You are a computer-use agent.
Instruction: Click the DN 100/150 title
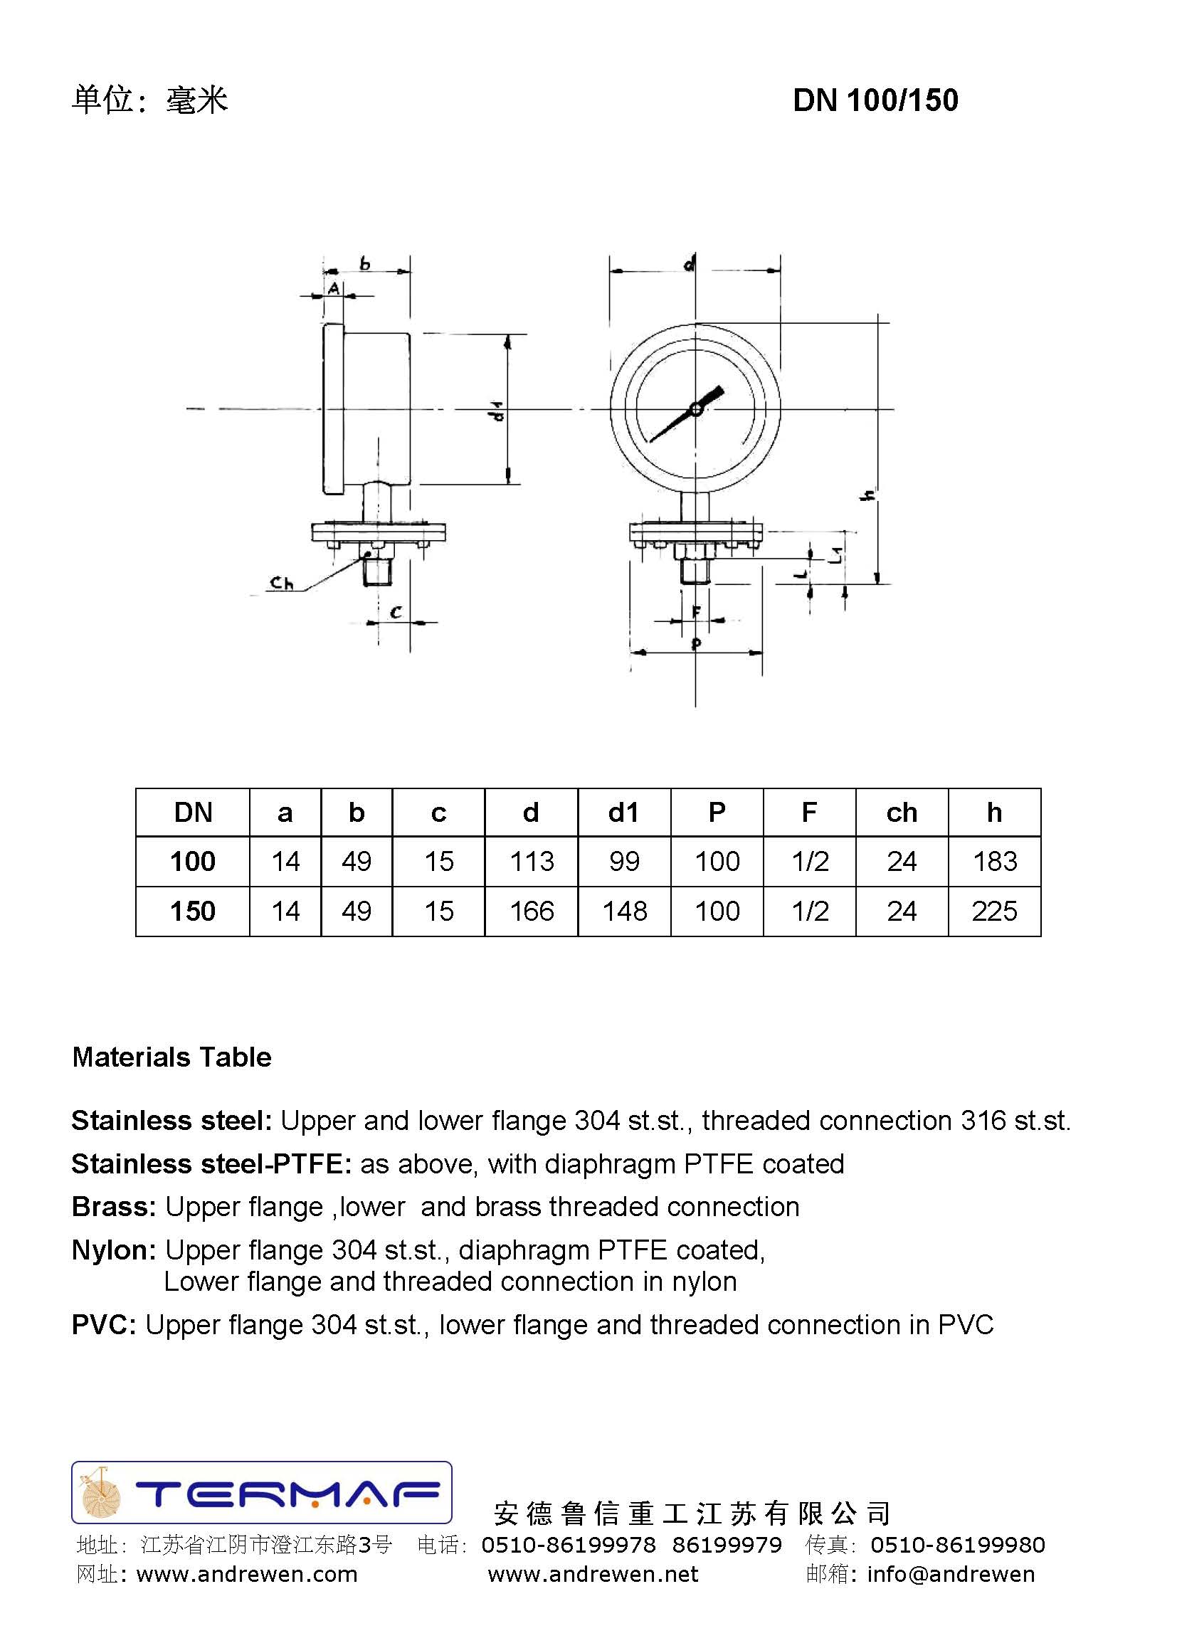pos(875,100)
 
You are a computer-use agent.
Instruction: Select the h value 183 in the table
pos(994,861)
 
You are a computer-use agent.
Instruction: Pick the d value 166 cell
pos(532,911)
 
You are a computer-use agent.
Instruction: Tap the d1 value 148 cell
pos(624,911)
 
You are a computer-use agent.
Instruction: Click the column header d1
pos(623,813)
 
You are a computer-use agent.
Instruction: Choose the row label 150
pos(193,911)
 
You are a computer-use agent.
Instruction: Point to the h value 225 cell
pos(994,911)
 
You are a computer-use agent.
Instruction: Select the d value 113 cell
pos(532,861)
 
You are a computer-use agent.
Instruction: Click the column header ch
pos(902,813)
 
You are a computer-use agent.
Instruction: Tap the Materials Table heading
pos(171,1057)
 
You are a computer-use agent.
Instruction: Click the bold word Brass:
pos(114,1207)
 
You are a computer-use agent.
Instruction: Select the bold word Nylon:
pos(114,1250)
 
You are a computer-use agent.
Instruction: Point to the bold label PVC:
pos(104,1325)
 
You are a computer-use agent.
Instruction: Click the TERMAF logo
pos(262,1492)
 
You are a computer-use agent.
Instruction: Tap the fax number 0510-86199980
pos(957,1545)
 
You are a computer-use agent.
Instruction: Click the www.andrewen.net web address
pos(593,1574)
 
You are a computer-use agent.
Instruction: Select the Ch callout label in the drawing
pos(281,582)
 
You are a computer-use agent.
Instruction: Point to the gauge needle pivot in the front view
pos(696,409)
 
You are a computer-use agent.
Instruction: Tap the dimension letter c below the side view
pos(396,613)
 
